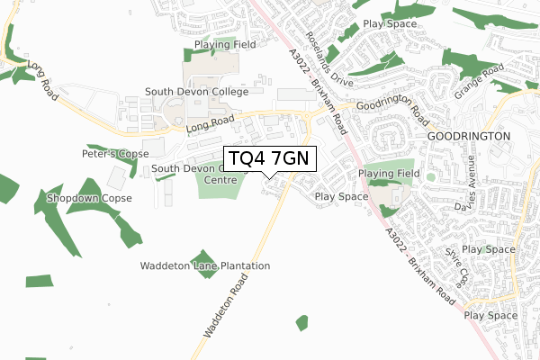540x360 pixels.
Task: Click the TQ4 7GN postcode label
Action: tap(269, 159)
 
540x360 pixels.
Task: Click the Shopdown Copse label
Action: tap(90, 198)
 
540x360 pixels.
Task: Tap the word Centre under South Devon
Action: tap(220, 180)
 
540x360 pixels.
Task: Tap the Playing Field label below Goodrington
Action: tap(390, 173)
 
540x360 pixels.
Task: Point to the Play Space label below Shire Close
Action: tap(491, 316)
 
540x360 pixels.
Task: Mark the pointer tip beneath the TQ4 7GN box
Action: tap(269, 177)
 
